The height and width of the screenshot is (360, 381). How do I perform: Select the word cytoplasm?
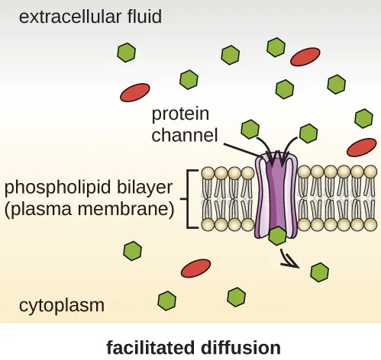pyautogui.click(x=61, y=307)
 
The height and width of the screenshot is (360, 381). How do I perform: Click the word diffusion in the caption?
pyautogui.click(x=241, y=348)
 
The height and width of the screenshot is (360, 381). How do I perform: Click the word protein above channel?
pyautogui.click(x=179, y=115)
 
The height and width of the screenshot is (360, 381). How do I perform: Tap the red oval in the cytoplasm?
pyautogui.click(x=195, y=268)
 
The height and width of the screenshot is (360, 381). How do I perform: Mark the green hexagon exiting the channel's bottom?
pyautogui.click(x=278, y=236)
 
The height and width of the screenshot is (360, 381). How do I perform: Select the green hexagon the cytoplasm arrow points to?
pyautogui.click(x=319, y=271)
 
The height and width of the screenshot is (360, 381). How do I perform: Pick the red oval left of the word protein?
pyautogui.click(x=135, y=92)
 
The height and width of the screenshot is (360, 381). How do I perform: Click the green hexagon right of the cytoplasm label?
pyautogui.click(x=166, y=301)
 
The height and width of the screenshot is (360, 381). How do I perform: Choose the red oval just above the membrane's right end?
pyautogui.click(x=361, y=146)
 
